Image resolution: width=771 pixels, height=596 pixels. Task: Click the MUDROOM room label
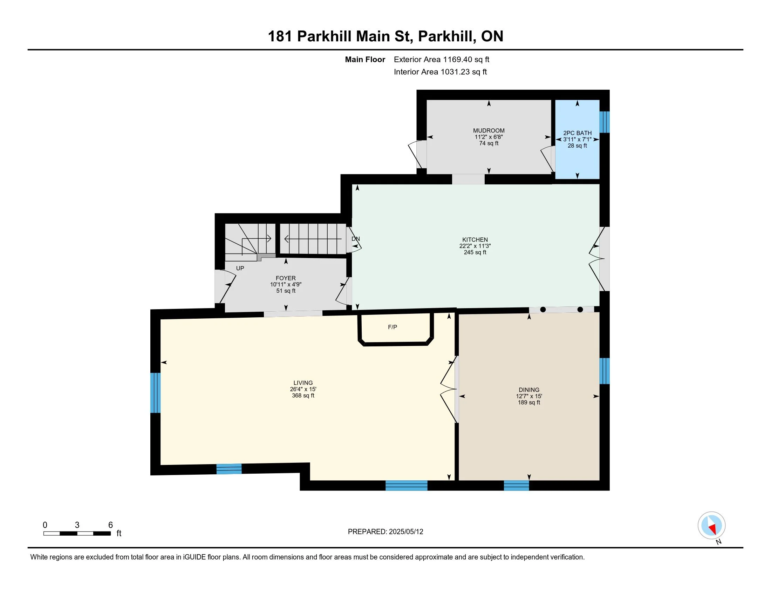(489, 131)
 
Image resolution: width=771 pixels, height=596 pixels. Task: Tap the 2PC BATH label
(577, 133)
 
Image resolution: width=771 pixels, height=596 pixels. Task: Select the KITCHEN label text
(475, 240)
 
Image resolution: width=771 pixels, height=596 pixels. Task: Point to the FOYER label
(286, 278)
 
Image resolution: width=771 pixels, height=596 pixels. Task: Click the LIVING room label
(303, 383)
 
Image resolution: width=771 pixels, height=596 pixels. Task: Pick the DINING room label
(529, 390)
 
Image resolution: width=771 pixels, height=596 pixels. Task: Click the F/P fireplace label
(393, 327)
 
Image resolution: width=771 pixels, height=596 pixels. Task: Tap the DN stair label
(355, 239)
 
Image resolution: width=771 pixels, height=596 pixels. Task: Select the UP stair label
(240, 268)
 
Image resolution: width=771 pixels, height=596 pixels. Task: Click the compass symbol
(711, 526)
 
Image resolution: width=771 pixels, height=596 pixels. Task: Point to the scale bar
(77, 534)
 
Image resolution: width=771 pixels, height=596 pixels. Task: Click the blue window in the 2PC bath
(605, 122)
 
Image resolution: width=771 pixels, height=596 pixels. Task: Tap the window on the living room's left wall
(155, 393)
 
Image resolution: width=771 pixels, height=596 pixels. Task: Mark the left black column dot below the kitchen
(543, 310)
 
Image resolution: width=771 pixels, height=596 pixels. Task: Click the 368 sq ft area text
(303, 395)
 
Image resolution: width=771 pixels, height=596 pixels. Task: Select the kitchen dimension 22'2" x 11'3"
(475, 246)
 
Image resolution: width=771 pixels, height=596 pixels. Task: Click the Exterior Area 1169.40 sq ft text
(442, 59)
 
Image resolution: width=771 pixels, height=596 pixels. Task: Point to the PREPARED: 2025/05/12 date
(385, 531)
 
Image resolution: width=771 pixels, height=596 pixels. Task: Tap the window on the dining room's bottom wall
(516, 486)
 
